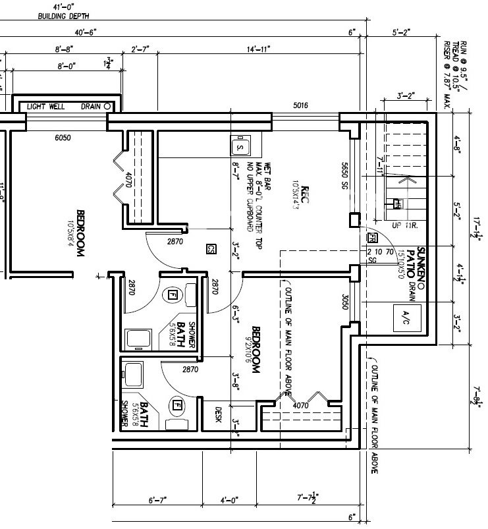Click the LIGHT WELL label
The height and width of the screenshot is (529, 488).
(x=45, y=106)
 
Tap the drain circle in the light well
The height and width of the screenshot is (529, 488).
(x=107, y=106)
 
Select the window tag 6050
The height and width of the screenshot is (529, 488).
(x=63, y=138)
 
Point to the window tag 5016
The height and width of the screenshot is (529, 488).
(x=301, y=105)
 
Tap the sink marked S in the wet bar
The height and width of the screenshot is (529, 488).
(x=240, y=146)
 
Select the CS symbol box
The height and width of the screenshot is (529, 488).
(x=211, y=249)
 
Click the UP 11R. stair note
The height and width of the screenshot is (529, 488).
(x=406, y=225)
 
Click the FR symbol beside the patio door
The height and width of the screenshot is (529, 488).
(x=372, y=237)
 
